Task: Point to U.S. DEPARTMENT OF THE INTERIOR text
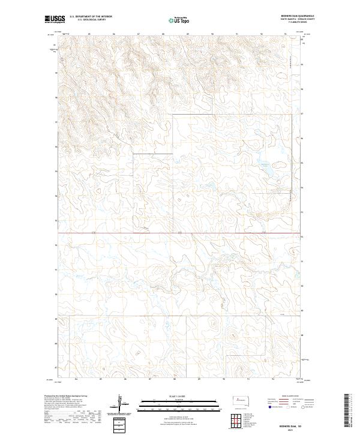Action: coord(91,17)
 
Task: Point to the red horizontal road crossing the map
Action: coord(180,232)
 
